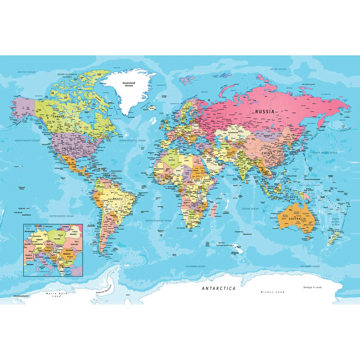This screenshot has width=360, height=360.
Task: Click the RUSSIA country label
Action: click(265, 112)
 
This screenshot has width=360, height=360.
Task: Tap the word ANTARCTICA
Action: click(219, 288)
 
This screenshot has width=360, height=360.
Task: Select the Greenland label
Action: click(128, 83)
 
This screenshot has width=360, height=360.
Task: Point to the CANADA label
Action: click(58, 117)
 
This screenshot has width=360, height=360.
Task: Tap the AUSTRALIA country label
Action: click(297, 219)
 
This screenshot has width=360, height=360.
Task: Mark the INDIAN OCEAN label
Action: click(250, 209)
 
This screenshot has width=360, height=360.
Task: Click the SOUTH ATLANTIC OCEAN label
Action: click(159, 220)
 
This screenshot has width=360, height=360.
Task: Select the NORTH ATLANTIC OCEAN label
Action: click(132, 140)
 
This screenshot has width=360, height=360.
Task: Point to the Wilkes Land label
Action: click(273, 292)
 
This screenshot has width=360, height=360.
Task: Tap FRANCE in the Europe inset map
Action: click(28, 255)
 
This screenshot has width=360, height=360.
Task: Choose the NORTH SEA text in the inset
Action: click(27, 228)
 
